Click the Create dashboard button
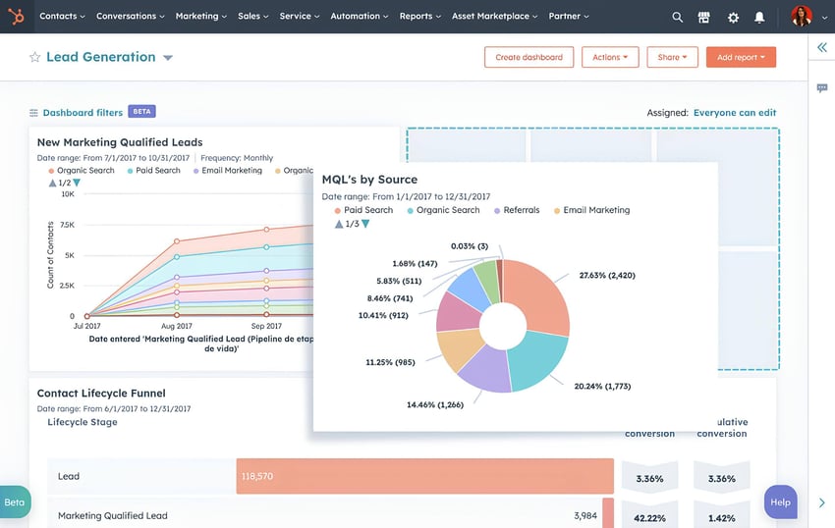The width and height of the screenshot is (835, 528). coord(529,57)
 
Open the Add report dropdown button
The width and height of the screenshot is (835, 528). coord(741,57)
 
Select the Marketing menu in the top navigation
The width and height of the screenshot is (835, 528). coord(200,17)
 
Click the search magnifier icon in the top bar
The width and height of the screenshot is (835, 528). coord(677,17)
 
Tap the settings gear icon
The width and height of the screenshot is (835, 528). coord(733,17)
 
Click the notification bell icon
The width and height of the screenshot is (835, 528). coord(759,17)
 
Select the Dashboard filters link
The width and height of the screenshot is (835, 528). coord(83,113)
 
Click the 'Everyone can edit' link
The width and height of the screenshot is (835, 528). coord(735,113)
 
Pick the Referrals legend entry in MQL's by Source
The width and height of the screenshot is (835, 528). coord(521,210)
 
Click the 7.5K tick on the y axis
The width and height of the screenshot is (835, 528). coord(67,225)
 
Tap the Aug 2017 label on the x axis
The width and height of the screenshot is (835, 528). coord(177,326)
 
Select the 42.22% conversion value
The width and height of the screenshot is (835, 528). coord(649,516)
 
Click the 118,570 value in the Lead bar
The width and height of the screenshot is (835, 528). coord(256,476)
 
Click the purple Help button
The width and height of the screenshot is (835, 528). coord(780,502)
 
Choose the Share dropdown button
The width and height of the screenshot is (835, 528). coord(672,57)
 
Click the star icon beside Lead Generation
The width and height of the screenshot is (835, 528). coord(35,57)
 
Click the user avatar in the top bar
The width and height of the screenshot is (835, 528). coord(802,17)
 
